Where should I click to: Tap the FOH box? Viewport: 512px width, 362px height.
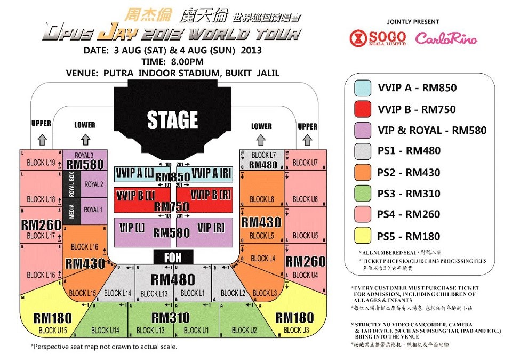(173, 258)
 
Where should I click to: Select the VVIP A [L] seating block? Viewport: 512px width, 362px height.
(134, 173)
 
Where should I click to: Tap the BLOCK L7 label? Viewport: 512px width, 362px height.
(264, 155)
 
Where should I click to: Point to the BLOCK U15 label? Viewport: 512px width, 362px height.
(53, 331)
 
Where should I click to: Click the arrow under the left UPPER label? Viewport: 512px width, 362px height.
(41, 138)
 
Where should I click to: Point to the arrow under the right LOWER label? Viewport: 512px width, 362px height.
(261, 140)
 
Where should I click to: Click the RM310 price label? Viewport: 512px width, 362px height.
(171, 318)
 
